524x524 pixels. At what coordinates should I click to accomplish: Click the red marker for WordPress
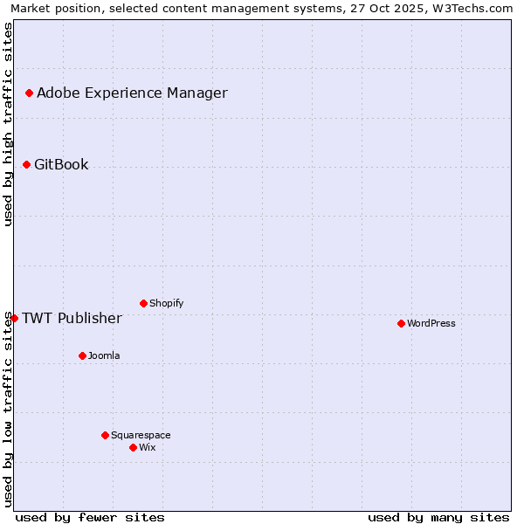[x=401, y=323]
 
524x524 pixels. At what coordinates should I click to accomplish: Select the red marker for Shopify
[x=143, y=303]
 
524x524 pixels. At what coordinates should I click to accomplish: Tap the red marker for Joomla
[x=82, y=355]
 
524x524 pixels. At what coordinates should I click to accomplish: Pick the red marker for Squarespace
[x=105, y=435]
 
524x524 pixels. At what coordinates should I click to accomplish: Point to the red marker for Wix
[x=133, y=447]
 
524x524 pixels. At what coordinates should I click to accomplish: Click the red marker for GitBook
[x=26, y=164]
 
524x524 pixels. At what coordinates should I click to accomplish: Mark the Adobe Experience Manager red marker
[x=29, y=93]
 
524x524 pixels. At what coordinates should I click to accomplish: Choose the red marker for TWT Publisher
[x=14, y=318]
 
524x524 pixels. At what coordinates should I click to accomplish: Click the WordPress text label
[x=431, y=323]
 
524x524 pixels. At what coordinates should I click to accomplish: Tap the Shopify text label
[x=166, y=303]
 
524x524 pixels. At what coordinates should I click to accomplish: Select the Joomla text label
[x=104, y=355]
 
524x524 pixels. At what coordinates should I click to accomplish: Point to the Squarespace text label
[x=141, y=435]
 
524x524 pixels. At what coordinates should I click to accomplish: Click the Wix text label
[x=148, y=447]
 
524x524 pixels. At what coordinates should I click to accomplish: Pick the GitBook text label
[x=61, y=164]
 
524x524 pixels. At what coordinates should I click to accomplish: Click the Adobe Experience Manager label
[x=132, y=93]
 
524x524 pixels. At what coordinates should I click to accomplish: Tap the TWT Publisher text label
[x=72, y=318]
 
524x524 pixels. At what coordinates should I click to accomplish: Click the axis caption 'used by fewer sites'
[x=90, y=517]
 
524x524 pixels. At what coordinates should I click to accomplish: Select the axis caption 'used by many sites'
[x=438, y=517]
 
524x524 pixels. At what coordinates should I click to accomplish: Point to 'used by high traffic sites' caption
[x=8, y=124]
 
